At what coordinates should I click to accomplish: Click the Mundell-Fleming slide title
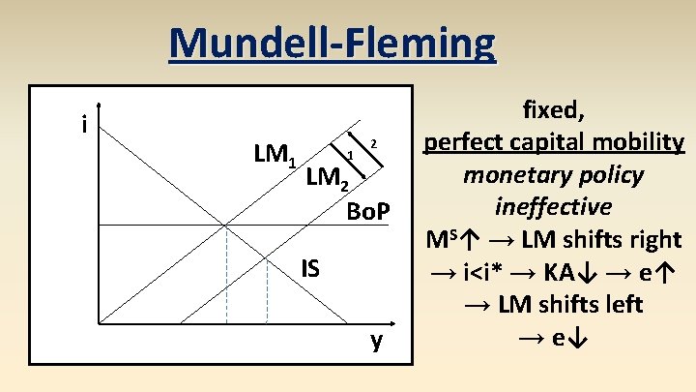(x=332, y=43)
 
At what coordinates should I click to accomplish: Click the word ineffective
(x=552, y=207)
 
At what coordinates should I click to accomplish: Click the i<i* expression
(x=471, y=272)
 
